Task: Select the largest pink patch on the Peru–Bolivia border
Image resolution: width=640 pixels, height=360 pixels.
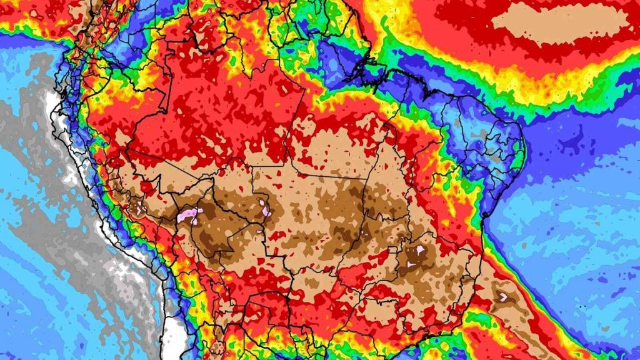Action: click(187, 216)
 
